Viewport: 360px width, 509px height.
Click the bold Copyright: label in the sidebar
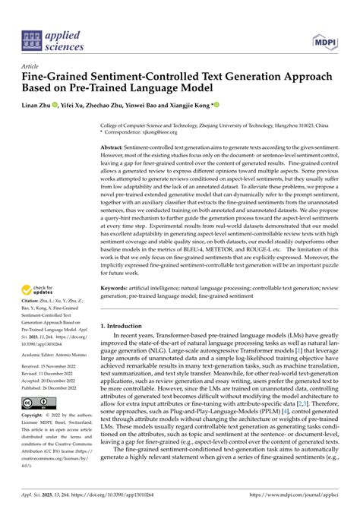[36, 436]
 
